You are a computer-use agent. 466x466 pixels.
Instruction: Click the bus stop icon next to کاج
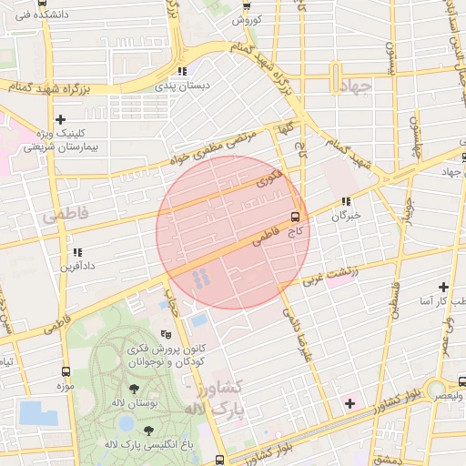click(x=295, y=217)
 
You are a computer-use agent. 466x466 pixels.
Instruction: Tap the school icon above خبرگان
click(x=346, y=202)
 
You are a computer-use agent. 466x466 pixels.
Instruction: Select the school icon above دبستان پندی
click(x=182, y=71)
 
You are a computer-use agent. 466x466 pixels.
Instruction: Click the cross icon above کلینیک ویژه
click(x=61, y=119)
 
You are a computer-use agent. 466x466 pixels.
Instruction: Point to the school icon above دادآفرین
click(x=77, y=252)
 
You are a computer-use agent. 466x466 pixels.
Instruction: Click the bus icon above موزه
click(x=66, y=371)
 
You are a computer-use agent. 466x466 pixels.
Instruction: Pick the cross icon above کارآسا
click(x=443, y=287)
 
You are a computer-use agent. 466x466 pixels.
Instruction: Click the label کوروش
click(x=247, y=19)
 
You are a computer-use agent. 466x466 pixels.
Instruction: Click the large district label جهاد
click(x=360, y=87)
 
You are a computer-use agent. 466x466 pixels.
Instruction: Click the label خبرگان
click(x=346, y=216)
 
